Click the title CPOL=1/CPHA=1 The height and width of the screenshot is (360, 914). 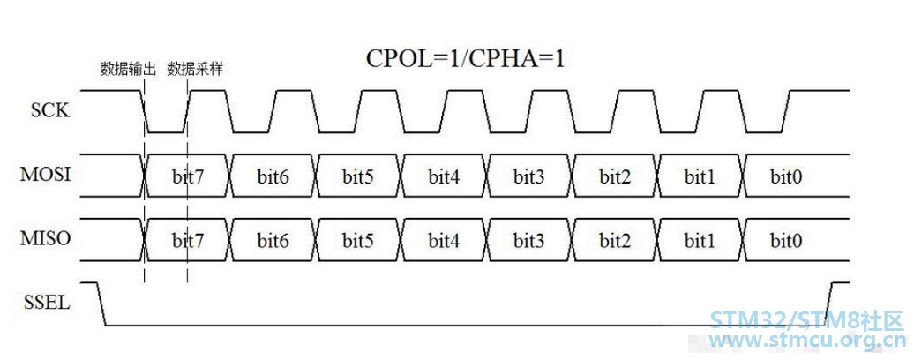click(465, 58)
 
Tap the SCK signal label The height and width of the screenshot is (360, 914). click(50, 110)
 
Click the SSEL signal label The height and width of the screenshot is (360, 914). click(48, 303)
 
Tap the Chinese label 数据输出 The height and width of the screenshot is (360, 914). click(128, 70)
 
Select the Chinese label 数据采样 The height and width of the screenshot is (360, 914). click(195, 70)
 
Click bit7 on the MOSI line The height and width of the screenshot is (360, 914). click(188, 176)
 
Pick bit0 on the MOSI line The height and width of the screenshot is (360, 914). click(785, 176)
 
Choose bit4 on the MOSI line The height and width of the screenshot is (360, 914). click(444, 176)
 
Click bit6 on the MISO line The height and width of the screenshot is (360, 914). click(273, 240)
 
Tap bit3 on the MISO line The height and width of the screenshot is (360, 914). click(529, 240)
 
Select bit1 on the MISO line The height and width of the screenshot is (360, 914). click(700, 240)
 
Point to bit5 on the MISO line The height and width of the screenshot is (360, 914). click(358, 240)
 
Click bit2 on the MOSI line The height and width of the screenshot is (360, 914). click(614, 176)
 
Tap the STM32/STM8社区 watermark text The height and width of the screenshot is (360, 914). click(806, 321)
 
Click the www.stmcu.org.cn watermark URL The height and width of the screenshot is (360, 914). click(806, 339)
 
